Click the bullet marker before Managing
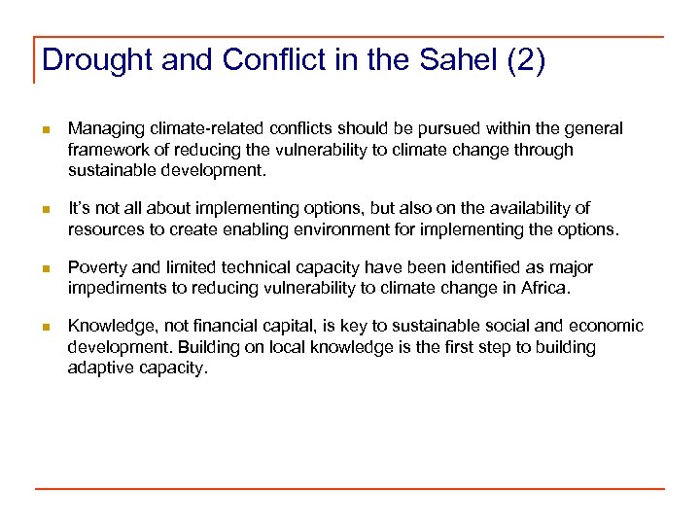45,130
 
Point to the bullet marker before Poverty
45,268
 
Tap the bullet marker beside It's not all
45,209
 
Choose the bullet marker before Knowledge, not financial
45,328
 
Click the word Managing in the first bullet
103,129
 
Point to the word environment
346,228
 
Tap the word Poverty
96,267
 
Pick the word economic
607,327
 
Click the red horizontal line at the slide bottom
350,489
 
